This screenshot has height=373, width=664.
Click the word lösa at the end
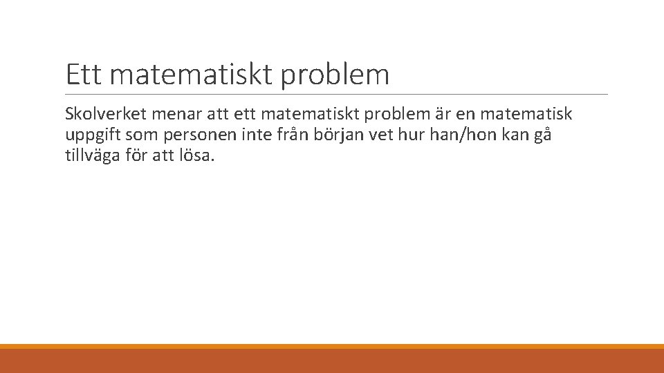click(x=199, y=155)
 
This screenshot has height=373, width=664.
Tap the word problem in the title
click(x=335, y=75)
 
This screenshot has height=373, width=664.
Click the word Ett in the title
click(x=84, y=75)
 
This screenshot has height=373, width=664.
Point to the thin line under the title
click(x=337, y=95)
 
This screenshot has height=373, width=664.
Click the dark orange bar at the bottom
click(x=332, y=361)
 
